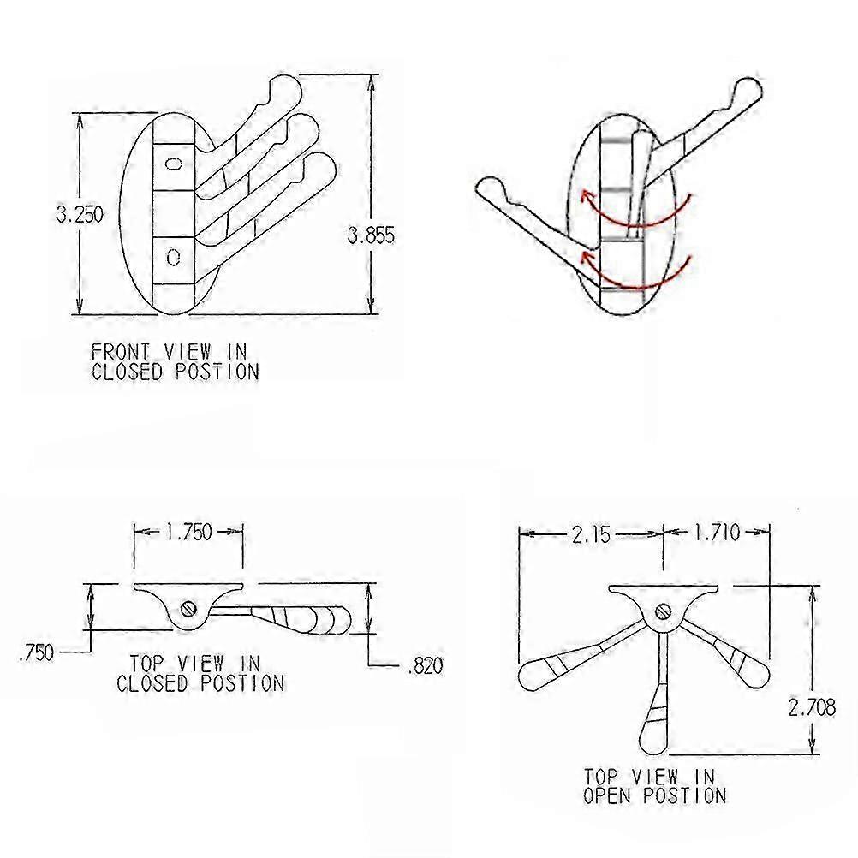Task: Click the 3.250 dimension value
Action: [x=80, y=214]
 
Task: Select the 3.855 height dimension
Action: [x=371, y=235]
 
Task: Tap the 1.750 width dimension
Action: [x=188, y=532]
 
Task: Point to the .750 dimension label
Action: [x=37, y=652]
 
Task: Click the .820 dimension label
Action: [x=426, y=666]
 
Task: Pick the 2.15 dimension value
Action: [x=591, y=534]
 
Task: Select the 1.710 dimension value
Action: [x=717, y=532]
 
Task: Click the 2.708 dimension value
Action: [x=812, y=707]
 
